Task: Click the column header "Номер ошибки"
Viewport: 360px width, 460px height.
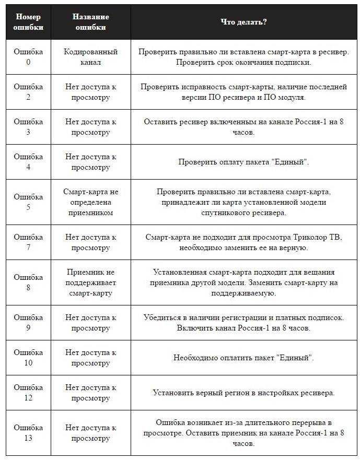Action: pos(28,22)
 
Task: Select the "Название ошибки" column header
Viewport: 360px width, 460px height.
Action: pos(90,22)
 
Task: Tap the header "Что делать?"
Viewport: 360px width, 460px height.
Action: pos(243,22)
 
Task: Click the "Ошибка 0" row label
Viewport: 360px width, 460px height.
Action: pos(28,57)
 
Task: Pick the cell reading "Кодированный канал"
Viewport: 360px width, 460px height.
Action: pos(90,57)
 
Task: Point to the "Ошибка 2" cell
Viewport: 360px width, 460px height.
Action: pos(28,92)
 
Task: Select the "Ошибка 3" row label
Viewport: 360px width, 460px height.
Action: pos(28,127)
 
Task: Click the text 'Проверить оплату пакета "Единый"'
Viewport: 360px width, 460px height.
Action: pos(243,162)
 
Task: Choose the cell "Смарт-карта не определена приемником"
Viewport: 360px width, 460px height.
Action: pos(90,202)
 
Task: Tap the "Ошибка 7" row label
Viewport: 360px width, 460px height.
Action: pos(28,242)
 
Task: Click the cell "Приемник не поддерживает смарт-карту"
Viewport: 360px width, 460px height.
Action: pos(90,282)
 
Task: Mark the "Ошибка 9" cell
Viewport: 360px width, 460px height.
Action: pos(28,323)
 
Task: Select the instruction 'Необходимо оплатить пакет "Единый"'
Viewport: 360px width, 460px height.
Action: pos(243,358)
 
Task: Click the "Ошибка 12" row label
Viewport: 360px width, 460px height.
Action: pos(28,393)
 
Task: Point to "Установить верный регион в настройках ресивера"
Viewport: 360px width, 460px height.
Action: pos(243,393)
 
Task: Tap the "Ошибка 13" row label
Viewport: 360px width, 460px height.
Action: pos(28,433)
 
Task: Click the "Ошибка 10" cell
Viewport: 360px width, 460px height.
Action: pos(28,358)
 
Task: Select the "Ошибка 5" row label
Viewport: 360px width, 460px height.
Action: pos(28,202)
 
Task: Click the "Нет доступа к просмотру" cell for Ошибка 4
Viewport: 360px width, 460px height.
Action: pos(90,162)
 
